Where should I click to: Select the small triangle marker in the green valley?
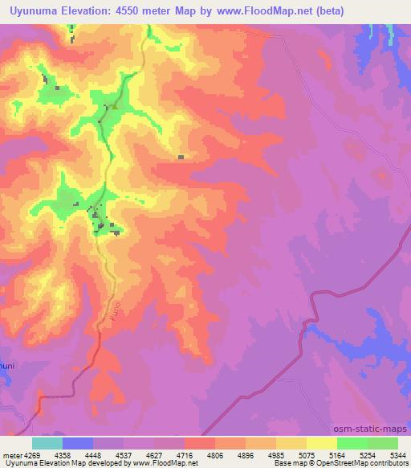pyautogui.click(x=115, y=105)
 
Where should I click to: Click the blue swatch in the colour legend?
pyautogui.click(x=77, y=443)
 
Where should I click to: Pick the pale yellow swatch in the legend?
pyautogui.click(x=321, y=443)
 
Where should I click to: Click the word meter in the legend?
pyautogui.click(x=10, y=455)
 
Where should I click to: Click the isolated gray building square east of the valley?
pyautogui.click(x=181, y=158)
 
